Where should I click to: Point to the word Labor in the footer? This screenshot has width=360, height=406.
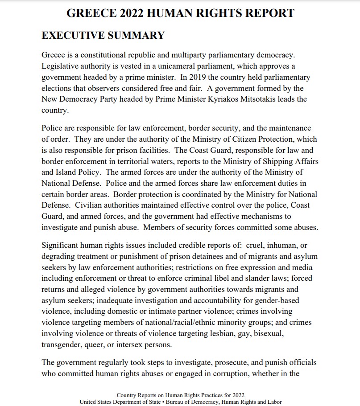pos(275,402)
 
